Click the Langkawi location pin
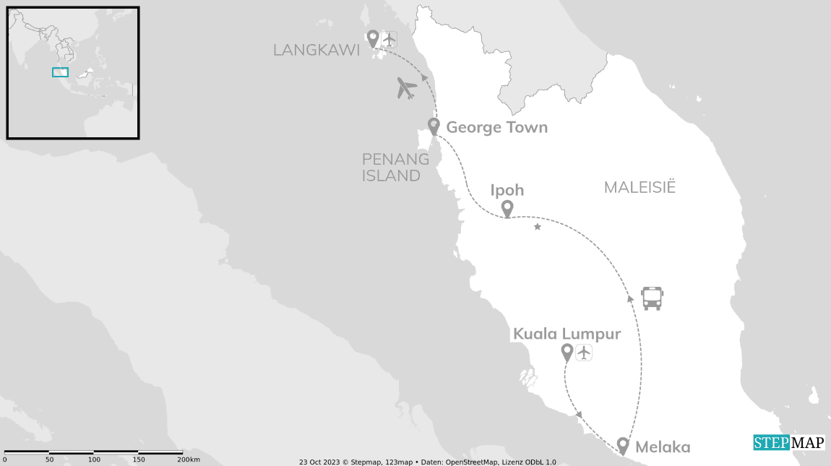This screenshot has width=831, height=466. pos(373,38)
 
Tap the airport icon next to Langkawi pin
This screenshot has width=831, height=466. pos(389,39)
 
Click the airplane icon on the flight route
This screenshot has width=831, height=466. pos(407,88)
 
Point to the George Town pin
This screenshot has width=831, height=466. pos(434,126)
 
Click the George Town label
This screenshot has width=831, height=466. pos(496,128)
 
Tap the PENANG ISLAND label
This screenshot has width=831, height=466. pos(391,167)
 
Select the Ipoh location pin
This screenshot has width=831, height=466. pos(507,208)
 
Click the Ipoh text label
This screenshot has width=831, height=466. pos(507,190)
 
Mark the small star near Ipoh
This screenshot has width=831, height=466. pos(537,227)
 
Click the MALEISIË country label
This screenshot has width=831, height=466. pos(640,188)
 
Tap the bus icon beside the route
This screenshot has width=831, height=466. pos(652,298)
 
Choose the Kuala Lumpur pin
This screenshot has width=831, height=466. pos(567,352)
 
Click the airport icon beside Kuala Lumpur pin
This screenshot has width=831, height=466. pos(584,353)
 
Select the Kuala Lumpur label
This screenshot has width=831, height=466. pos(567,334)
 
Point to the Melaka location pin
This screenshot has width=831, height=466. pos(623,446)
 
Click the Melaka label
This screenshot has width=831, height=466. pos(663,447)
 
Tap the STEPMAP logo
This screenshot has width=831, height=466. pos(788,442)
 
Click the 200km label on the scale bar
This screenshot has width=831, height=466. pos(189,459)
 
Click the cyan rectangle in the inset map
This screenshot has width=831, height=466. pos(60,72)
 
